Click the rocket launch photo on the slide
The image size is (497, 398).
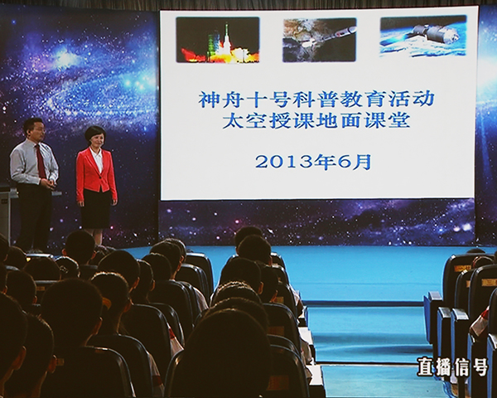click(x=218, y=40)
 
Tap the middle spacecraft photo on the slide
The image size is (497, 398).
click(x=320, y=40)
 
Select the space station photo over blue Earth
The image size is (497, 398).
click(x=423, y=36)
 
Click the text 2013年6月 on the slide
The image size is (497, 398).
click(x=313, y=163)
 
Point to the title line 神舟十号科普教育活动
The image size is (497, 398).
click(x=316, y=99)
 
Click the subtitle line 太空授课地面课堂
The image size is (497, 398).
click(x=316, y=121)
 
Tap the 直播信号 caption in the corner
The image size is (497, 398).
click(x=452, y=366)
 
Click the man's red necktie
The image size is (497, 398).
click(x=41, y=161)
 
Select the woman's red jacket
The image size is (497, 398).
click(x=96, y=174)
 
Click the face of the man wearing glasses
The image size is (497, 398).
click(x=39, y=130)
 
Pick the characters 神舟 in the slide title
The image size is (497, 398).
click(x=220, y=99)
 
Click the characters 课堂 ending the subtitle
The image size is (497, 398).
click(x=388, y=121)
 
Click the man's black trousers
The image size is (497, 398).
click(x=34, y=216)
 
